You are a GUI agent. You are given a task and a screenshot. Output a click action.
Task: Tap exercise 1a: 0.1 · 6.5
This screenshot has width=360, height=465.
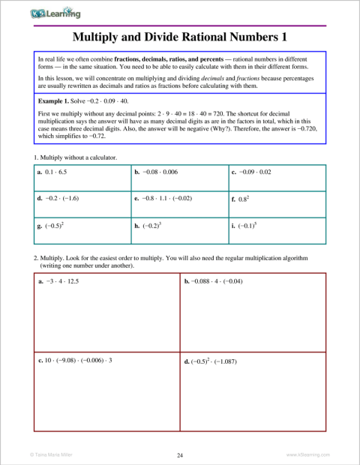click(57, 172)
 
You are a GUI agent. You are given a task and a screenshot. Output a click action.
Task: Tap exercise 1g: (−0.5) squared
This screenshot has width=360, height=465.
click(52, 226)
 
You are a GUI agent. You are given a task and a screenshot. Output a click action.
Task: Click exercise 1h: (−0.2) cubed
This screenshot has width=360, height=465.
click(148, 226)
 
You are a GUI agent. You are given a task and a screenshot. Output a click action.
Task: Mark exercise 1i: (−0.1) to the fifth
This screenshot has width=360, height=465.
click(245, 226)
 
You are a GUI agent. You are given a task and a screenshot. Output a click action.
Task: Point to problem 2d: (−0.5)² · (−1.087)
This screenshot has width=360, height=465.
click(213, 361)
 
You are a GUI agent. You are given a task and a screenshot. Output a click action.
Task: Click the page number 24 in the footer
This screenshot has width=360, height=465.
click(180, 454)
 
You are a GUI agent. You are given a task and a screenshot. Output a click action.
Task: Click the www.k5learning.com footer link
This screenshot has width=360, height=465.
click(307, 454)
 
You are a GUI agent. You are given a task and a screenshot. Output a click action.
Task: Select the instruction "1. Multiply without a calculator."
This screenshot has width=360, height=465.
click(75, 157)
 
